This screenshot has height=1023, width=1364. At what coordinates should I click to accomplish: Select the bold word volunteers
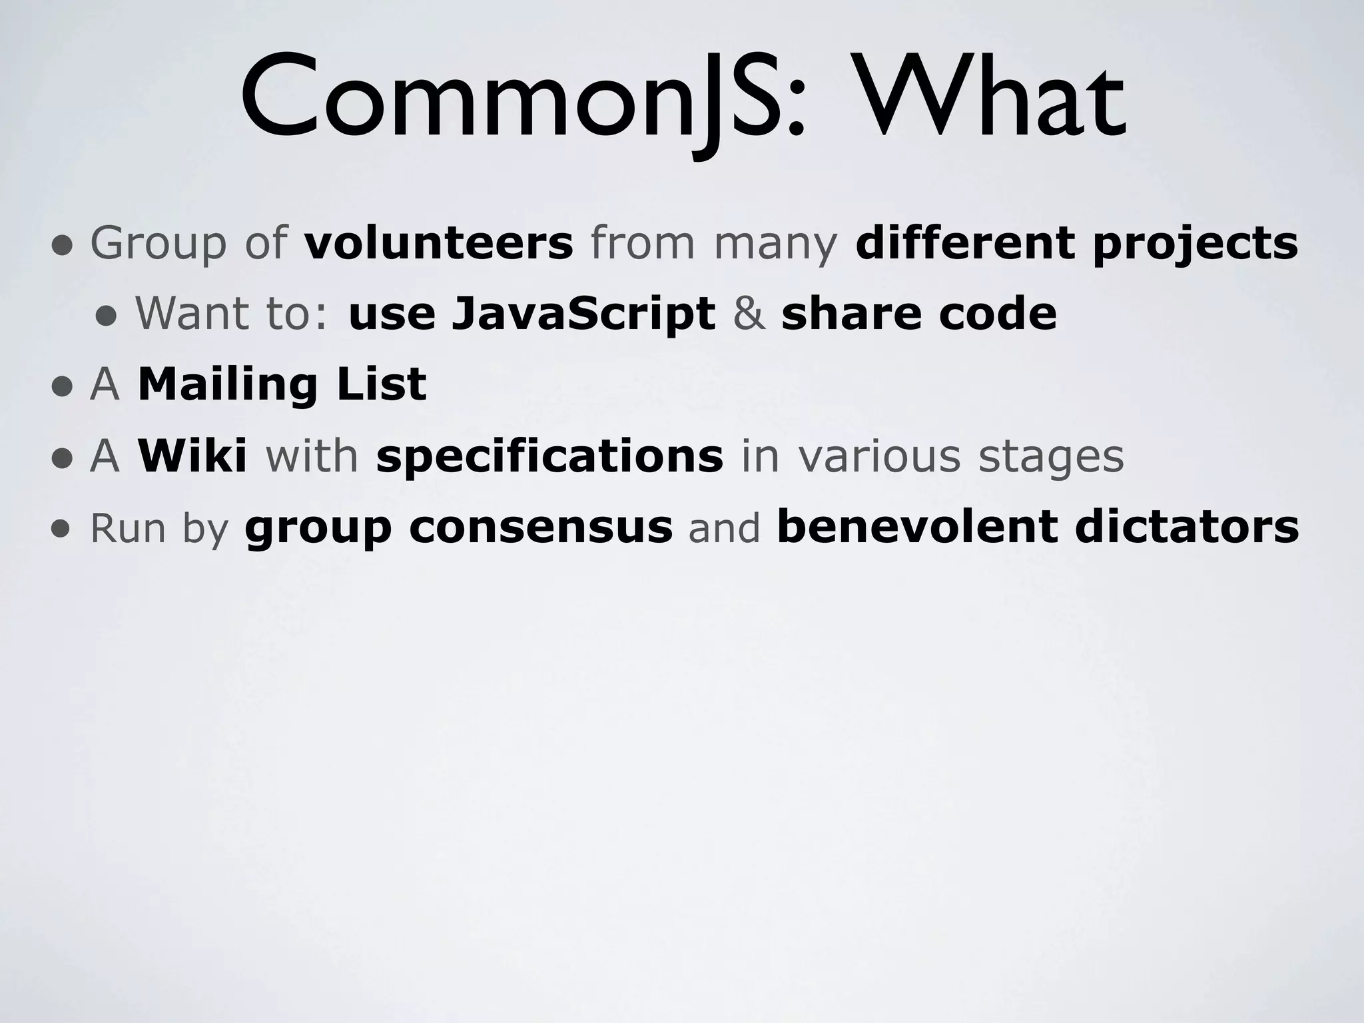click(438, 243)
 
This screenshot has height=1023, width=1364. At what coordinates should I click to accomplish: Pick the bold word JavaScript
click(583, 314)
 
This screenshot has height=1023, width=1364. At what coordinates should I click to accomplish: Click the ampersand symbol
click(749, 314)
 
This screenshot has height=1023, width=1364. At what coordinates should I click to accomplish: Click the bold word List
click(382, 385)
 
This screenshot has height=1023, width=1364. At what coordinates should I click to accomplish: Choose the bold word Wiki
click(192, 457)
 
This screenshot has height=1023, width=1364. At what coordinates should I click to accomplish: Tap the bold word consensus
click(541, 527)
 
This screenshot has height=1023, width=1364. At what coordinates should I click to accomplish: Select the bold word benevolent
click(916, 527)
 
